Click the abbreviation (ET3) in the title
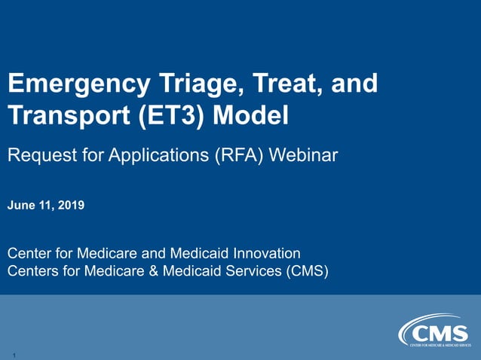[x=173, y=117]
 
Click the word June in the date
[x=22, y=203]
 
